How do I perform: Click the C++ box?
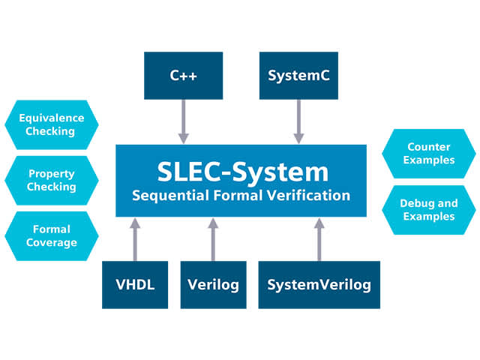[183, 75]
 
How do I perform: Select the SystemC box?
[298, 75]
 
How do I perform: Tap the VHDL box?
[135, 285]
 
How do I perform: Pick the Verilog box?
[213, 285]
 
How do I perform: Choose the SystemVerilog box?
[319, 285]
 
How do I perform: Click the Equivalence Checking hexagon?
[51, 124]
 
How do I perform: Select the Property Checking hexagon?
[51, 180]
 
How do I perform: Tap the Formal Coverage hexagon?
[51, 235]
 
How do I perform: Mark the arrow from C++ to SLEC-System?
[183, 121]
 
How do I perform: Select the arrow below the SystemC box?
[298, 121]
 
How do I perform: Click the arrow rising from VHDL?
[135, 239]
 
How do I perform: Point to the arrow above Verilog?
[213, 239]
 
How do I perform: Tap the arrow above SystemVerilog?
[319, 239]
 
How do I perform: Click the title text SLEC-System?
[242, 172]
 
